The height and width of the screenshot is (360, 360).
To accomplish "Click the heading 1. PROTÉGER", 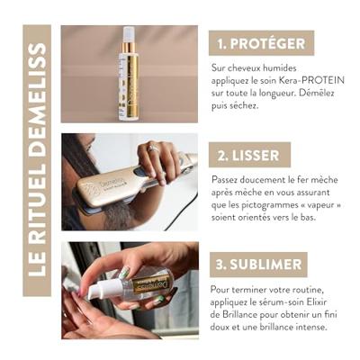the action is coord(261,43).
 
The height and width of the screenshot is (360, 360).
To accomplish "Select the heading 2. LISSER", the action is coord(248,156).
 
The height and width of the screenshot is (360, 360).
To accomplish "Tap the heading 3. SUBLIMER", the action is coord(258,265).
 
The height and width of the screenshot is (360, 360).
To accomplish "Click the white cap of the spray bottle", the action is coord(129,34).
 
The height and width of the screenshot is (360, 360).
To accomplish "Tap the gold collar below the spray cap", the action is coord(129,49).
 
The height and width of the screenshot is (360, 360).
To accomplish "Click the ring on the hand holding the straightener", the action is coord(153,148).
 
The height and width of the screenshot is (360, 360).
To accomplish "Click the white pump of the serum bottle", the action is coord(101,287).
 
